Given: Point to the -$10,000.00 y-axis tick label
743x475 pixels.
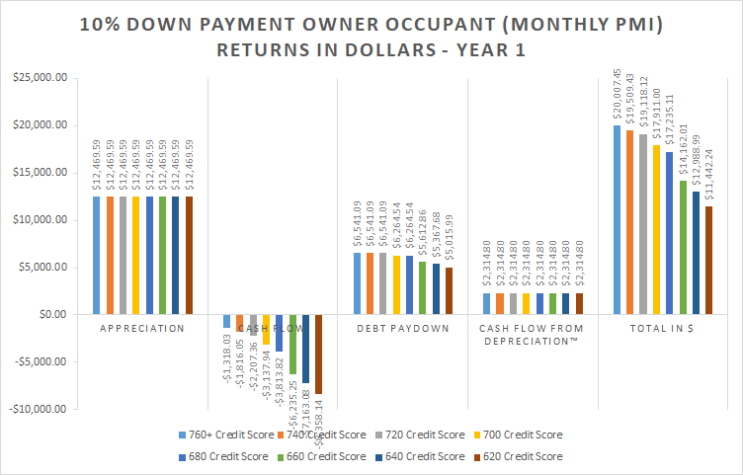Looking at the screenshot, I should point(36,409).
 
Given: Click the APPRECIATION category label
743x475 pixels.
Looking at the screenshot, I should point(141,327).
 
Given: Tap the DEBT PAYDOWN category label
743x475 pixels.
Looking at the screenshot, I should point(402,327).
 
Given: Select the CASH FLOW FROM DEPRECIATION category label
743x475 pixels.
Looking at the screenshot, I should point(534,334).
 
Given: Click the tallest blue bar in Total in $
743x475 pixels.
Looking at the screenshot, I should point(617,219).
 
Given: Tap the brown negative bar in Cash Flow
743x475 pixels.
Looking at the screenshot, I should point(318,354).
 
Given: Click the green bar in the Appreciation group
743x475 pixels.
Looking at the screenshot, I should point(162,255).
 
